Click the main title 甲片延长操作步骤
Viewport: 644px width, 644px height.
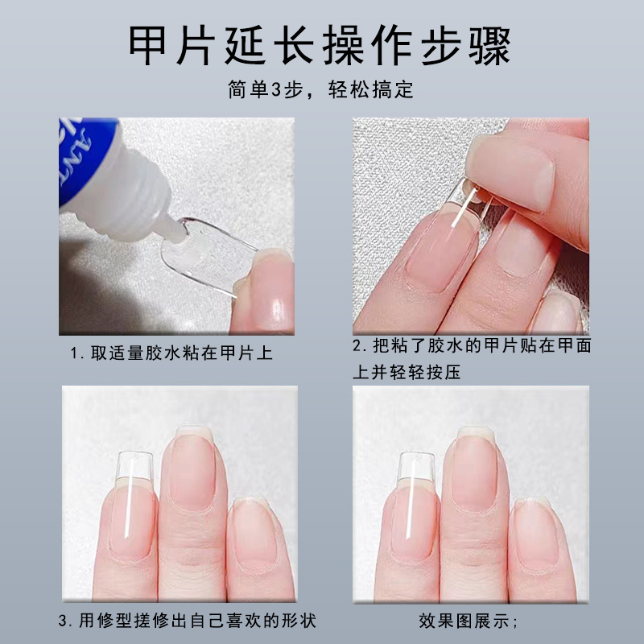point(320,45)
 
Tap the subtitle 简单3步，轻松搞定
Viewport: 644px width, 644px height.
point(320,89)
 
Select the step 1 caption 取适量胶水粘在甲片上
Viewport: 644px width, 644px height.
point(171,353)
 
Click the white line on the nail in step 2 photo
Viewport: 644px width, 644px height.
point(464,208)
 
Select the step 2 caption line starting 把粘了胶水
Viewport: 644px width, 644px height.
point(472,346)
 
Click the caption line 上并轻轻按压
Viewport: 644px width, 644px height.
point(407,372)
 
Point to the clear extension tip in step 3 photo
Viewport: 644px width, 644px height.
point(134,466)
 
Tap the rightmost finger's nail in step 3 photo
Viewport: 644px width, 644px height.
point(253,533)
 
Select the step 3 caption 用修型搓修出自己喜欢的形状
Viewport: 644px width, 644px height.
point(188,621)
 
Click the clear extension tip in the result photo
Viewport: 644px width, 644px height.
point(416,467)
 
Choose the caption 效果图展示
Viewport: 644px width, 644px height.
point(469,621)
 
